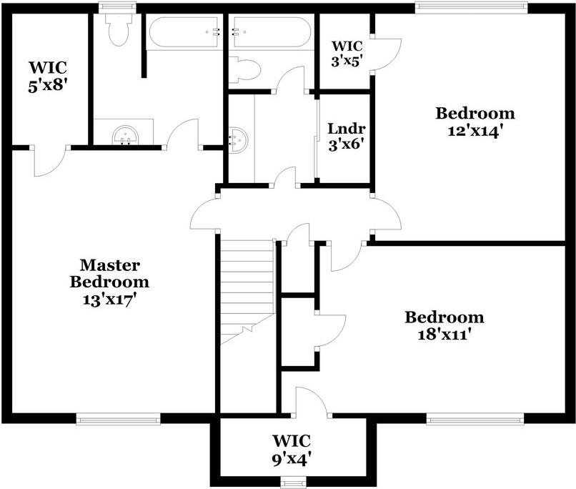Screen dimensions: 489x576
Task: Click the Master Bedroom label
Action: [x=109, y=273]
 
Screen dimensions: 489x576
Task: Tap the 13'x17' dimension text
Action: [x=109, y=300]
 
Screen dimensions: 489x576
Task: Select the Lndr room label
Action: [x=347, y=129]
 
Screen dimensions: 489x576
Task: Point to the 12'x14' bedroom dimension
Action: [x=475, y=131]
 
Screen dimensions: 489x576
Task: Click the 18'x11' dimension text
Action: [x=444, y=335]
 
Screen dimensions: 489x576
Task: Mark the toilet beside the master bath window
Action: [x=116, y=29]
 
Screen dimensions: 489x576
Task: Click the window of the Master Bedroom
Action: [x=117, y=420]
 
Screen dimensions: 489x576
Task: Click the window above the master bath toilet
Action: [x=116, y=7]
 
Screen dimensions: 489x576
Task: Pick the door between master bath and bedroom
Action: [x=184, y=132]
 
